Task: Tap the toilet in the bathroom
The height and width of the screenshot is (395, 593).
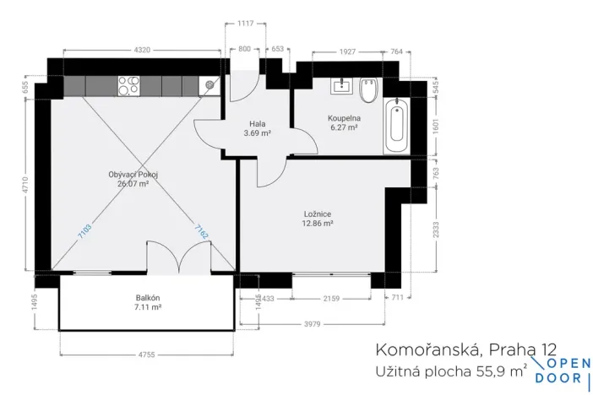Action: pyautogui.click(x=368, y=86)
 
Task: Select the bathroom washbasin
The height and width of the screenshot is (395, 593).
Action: pyautogui.click(x=344, y=84)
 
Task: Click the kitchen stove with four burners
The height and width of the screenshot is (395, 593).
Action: pyautogui.click(x=129, y=84)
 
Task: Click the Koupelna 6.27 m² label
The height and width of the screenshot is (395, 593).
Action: pyautogui.click(x=344, y=123)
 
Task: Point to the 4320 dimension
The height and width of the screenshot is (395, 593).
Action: pyautogui.click(x=142, y=50)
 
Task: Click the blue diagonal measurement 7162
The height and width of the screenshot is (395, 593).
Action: pyautogui.click(x=201, y=230)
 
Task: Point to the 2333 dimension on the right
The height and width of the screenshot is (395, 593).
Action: pyautogui.click(x=437, y=229)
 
